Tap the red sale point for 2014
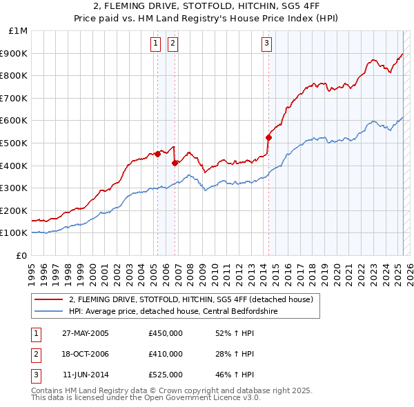coord(268,137)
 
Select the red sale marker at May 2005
coord(158,154)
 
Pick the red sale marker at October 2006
coord(175,163)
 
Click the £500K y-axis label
coord(15,143)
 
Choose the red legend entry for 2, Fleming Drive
coord(191,299)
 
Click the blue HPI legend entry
coord(172,311)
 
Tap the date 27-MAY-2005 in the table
coord(85,333)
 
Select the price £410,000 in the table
coord(165,354)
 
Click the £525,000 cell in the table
coord(165,375)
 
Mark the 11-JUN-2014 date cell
coord(85,375)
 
